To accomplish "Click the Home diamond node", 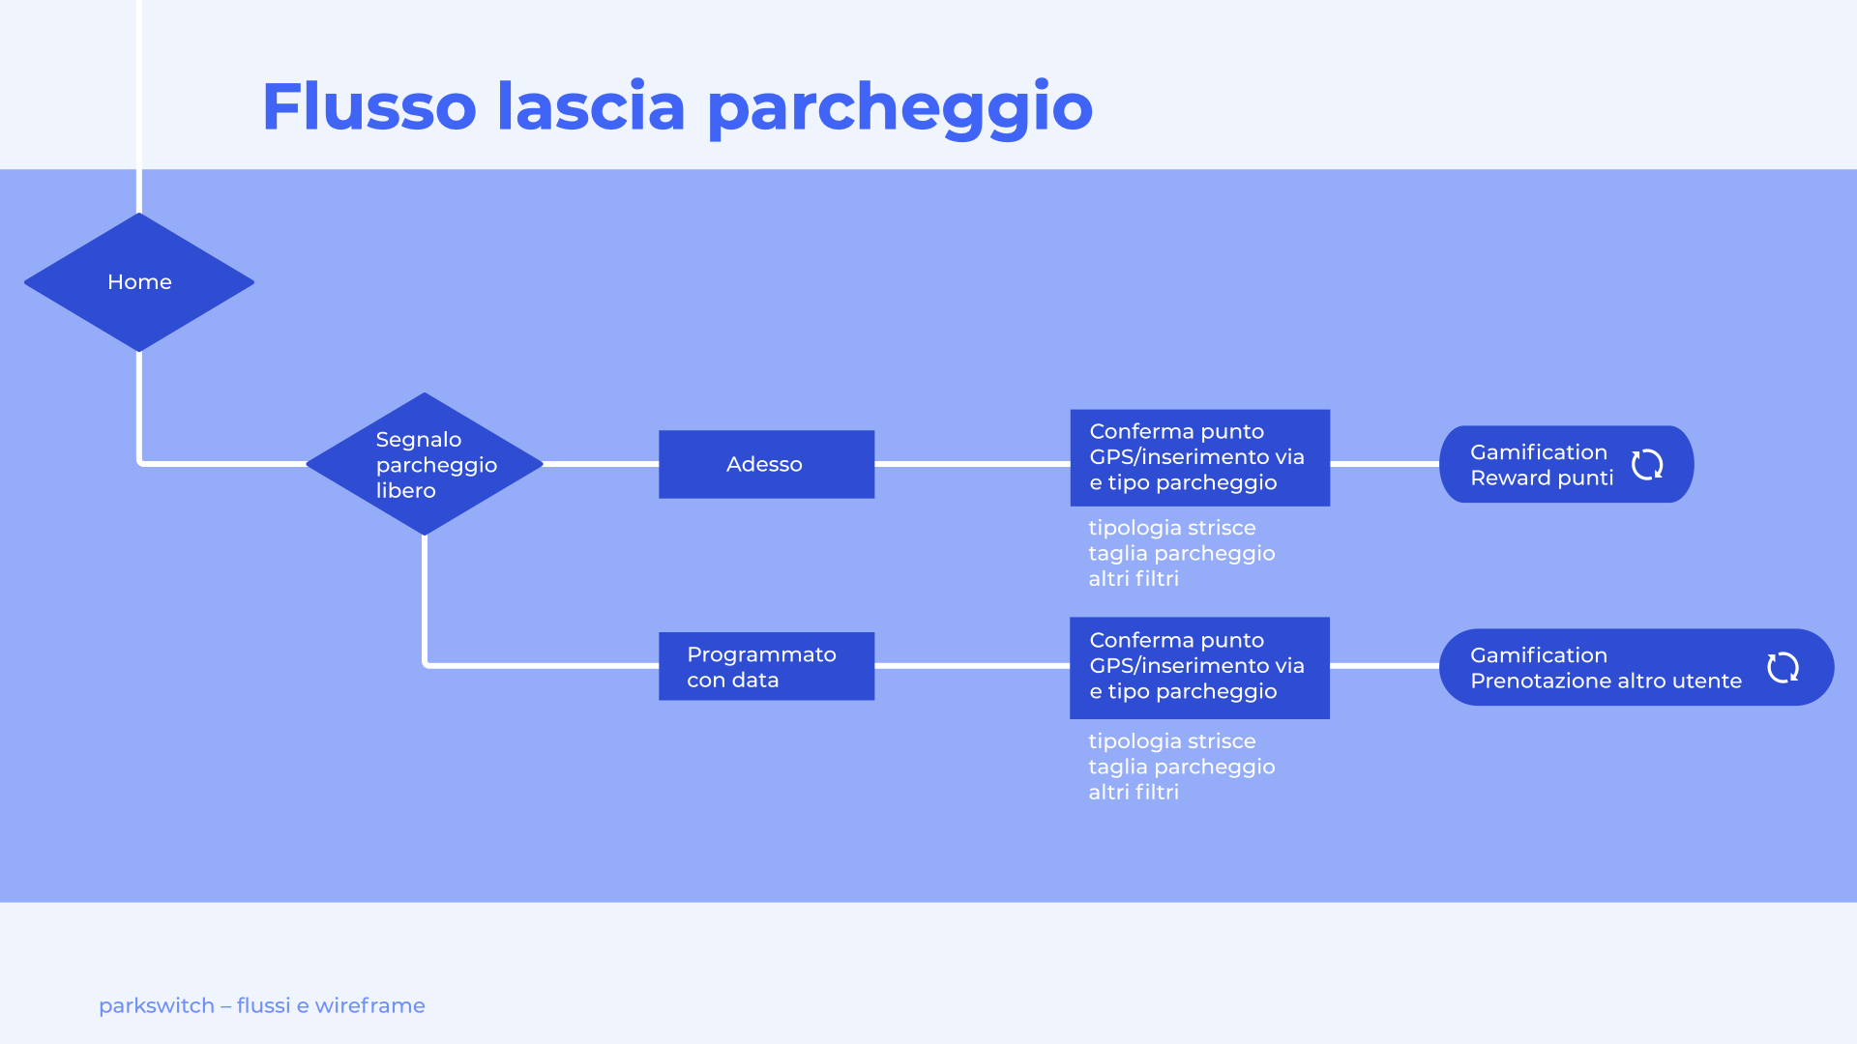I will coord(139,282).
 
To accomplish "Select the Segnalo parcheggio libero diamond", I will coord(425,464).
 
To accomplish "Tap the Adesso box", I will coord(766,464).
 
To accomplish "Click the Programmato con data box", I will coord(766,666).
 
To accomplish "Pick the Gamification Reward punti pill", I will coord(1542,465).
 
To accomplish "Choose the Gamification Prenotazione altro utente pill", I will coord(1606,667).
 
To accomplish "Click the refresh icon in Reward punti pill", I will coord(1647,465).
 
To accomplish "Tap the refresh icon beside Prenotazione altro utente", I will coord(1783,667).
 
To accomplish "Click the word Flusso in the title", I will coord(368,106).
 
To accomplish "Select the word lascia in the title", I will coord(591,106).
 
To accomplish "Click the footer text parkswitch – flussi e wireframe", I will coord(262,1005).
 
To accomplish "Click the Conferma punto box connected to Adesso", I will coord(1199,457).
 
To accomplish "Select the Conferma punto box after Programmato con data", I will coord(1199,667).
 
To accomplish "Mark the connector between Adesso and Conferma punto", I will coord(972,464).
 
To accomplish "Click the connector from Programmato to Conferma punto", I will coord(972,666).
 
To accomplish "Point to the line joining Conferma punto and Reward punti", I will coord(1384,464).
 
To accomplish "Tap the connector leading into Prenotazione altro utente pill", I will coord(1384,666).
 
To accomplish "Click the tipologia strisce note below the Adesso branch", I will coord(1171,528).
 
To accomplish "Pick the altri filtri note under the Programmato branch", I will coord(1134,793).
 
